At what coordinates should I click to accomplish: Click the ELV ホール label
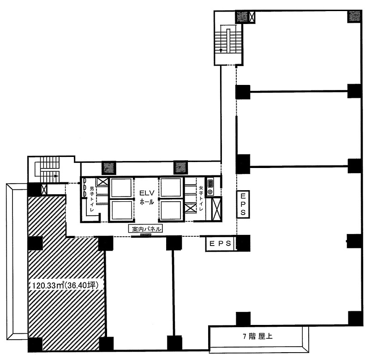click(147, 197)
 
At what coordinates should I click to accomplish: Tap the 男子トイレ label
click(92, 199)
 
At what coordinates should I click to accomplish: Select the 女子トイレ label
click(201, 198)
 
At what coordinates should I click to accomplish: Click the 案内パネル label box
click(145, 229)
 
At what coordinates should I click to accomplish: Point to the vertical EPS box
click(243, 204)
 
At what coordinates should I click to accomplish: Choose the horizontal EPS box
click(220, 244)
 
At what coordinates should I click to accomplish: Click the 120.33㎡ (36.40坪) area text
click(65, 285)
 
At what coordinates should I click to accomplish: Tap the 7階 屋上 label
click(257, 336)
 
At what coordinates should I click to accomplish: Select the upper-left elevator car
click(121, 188)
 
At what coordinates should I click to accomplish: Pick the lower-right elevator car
click(171, 210)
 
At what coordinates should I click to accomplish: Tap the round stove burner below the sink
click(210, 191)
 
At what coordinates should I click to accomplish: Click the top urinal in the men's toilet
click(84, 181)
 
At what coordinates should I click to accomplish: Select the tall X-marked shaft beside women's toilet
click(216, 209)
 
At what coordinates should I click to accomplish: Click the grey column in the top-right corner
click(354, 17)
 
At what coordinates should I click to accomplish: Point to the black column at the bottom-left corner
click(35, 345)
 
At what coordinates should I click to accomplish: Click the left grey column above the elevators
click(109, 168)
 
